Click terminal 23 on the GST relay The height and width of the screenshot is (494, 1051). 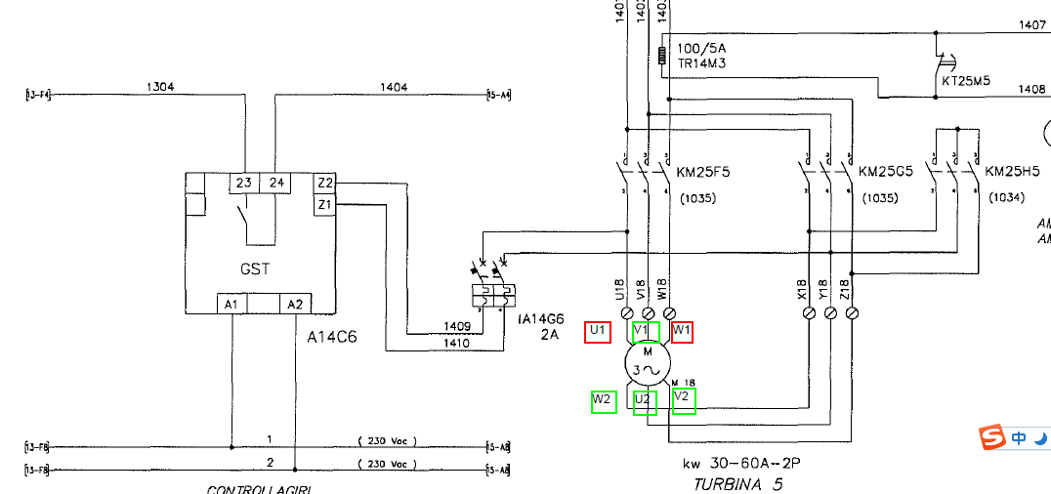point(243,183)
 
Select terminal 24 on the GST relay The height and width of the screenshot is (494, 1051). point(276,183)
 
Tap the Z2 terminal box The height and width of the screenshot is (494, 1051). point(325,183)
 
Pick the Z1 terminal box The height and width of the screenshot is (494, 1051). point(325,205)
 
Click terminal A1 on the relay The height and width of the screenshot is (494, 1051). point(231,305)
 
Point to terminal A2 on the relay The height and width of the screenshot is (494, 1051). point(294,305)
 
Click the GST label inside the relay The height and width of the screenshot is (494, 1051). point(255,269)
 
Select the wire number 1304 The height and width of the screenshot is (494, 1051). point(160,87)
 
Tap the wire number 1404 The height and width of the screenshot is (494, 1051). point(394,87)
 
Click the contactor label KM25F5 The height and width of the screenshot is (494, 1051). point(703,173)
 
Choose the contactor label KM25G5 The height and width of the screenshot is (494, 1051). point(886,173)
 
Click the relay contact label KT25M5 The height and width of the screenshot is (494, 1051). point(966,81)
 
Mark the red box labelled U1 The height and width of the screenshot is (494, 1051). point(598,331)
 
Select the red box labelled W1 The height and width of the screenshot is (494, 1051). point(682,331)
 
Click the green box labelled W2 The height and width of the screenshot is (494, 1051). point(604,400)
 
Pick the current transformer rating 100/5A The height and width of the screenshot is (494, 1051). point(700,48)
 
